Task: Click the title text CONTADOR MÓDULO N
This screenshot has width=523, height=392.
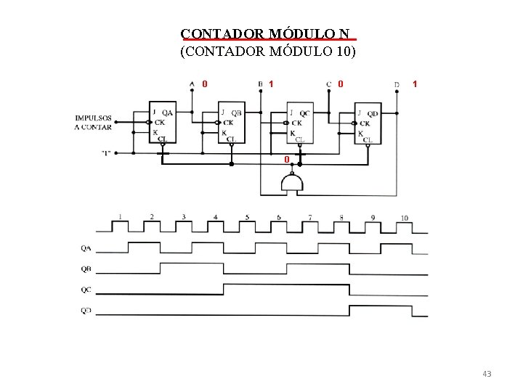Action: coord(268,34)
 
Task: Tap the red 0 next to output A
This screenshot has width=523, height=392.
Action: coord(205,83)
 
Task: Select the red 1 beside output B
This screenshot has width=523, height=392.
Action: coord(271,83)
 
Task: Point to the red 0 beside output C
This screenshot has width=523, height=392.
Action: coord(340,83)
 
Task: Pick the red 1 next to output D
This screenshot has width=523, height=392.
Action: coord(415,83)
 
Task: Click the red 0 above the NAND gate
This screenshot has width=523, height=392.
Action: coord(287,159)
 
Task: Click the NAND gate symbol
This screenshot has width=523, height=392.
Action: coord(292,184)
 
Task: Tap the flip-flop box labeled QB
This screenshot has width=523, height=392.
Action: coord(231,124)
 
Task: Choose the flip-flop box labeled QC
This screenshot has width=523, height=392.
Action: coord(299,124)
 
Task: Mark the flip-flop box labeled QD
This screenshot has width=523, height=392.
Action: coord(368,124)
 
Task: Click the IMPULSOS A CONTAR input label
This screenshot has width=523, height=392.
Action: coord(93,122)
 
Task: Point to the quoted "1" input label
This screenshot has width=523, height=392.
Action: coord(107,153)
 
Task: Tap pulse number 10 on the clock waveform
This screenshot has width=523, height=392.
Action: coord(404,218)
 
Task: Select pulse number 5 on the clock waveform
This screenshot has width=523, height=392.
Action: coord(247,217)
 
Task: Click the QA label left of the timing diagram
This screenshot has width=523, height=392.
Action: coord(86,248)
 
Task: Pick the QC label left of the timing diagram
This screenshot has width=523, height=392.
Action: coord(86,290)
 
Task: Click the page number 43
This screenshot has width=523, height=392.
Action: coord(487,374)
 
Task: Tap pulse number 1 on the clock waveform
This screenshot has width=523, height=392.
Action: coord(120,216)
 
